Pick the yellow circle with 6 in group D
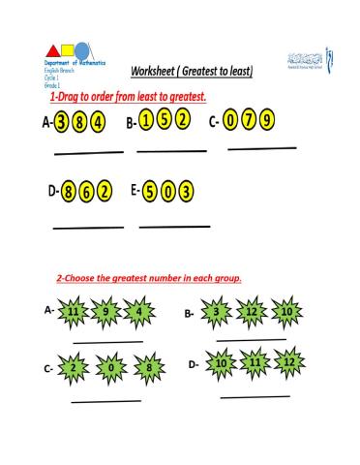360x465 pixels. (x=87, y=191)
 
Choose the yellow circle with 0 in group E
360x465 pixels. (x=168, y=190)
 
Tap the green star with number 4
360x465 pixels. (x=140, y=312)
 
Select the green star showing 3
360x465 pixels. (x=218, y=312)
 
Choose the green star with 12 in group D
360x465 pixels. (x=288, y=363)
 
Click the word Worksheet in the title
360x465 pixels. (x=158, y=72)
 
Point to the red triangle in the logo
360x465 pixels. (x=51, y=50)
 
